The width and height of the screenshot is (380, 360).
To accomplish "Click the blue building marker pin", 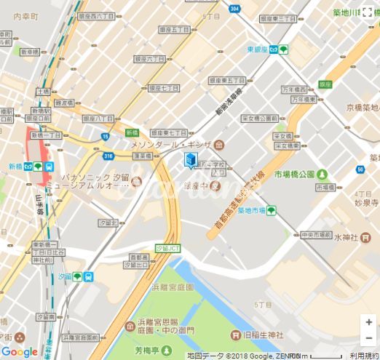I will [191, 160].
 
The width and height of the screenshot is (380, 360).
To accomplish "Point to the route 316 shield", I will [108, 156].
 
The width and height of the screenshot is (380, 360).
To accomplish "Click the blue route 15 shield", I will [106, 137].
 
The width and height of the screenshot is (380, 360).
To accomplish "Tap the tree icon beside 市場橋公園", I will [322, 175].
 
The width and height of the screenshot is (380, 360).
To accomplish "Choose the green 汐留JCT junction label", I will [168, 248].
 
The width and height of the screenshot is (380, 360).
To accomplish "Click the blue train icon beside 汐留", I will [87, 277].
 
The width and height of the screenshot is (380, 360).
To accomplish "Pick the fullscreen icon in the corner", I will [369, 11].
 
